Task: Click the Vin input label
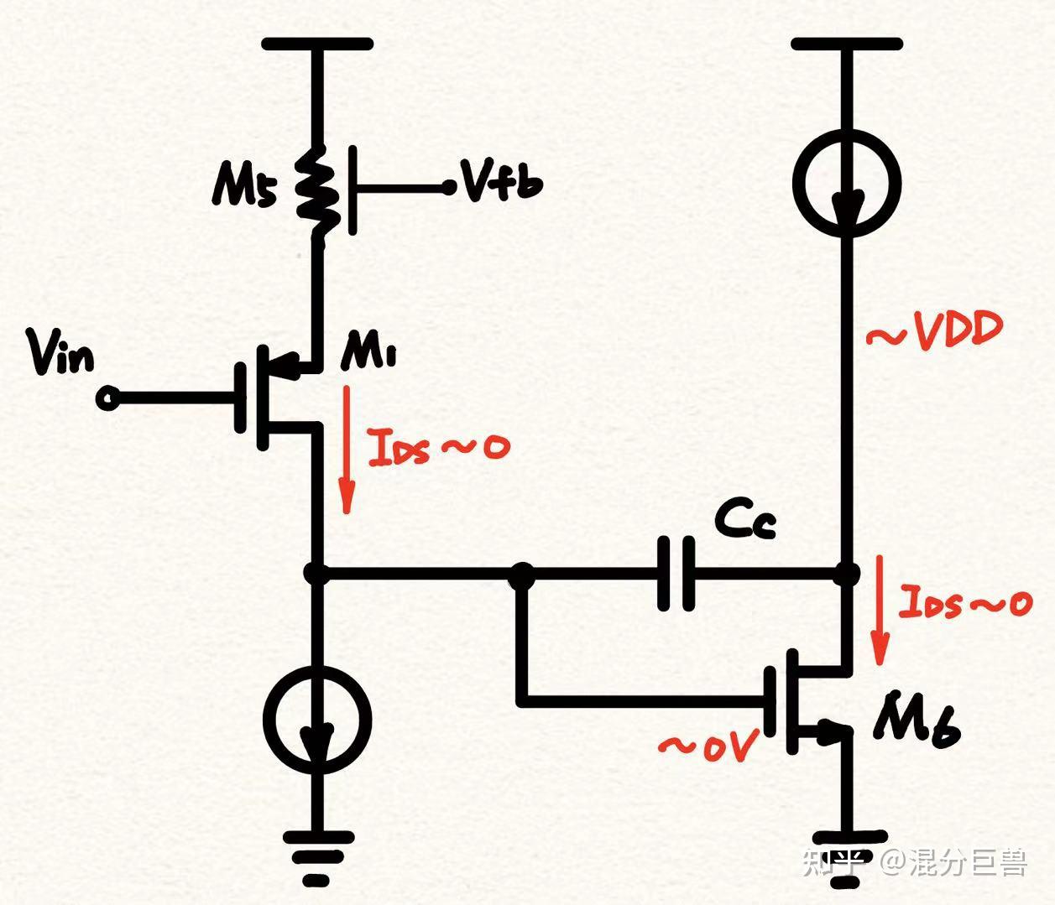60,353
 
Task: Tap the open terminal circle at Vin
108,398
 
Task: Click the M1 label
368,356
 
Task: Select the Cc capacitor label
745,519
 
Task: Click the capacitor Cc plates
676,574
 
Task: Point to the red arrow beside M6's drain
879,608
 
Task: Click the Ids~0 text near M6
965,602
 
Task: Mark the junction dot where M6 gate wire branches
522,574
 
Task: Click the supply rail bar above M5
317,44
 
